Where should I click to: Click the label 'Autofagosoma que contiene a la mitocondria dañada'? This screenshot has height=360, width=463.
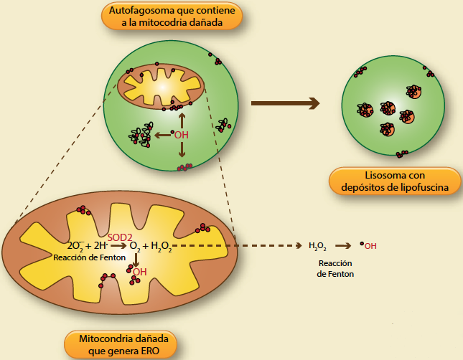[x=171, y=16]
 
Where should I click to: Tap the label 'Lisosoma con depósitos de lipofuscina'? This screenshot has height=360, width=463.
[x=394, y=181]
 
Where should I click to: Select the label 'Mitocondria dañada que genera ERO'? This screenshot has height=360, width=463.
[x=120, y=344]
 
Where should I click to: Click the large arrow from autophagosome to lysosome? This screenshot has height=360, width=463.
[x=285, y=103]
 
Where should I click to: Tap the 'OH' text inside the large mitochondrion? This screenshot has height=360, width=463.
[x=140, y=272]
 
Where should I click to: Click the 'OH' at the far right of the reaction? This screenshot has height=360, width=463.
[x=370, y=246]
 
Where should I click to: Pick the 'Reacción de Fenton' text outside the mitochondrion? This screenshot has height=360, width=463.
[x=336, y=268]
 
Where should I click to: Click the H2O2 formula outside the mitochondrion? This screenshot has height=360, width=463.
[x=318, y=246]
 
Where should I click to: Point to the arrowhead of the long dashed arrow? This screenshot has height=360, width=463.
[x=299, y=246]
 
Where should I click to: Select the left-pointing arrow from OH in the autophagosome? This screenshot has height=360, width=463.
[x=164, y=134]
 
